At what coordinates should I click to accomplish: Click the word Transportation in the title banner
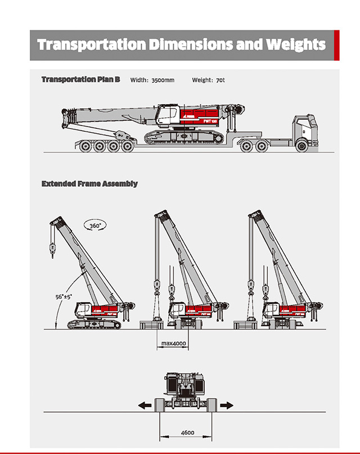90,44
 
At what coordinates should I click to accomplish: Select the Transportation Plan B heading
80,80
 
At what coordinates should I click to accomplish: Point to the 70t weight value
220,80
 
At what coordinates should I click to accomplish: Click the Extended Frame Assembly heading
89,184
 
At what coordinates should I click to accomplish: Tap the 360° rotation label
94,226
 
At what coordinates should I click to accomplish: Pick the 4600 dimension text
187,433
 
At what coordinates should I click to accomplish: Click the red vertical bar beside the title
336,45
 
